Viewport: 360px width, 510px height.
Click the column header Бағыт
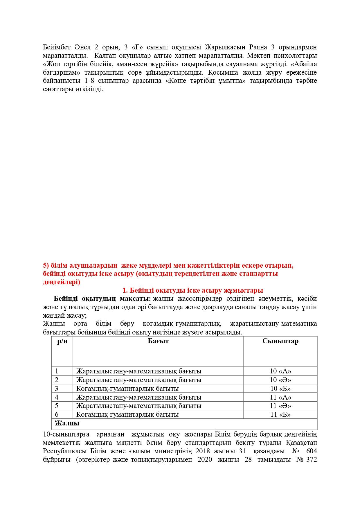[x=158, y=341]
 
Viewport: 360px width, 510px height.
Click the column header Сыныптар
[x=280, y=341]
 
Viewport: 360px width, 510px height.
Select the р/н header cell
[x=62, y=341]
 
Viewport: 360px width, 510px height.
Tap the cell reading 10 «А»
[x=280, y=371]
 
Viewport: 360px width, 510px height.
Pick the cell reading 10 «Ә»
[x=280, y=380]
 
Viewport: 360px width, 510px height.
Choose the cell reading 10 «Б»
[x=280, y=389]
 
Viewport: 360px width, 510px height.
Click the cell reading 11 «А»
[x=280, y=397]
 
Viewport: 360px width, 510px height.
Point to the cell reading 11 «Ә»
[x=280, y=406]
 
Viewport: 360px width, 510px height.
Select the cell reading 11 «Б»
[x=280, y=414]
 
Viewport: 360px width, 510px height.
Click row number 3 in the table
[x=57, y=389]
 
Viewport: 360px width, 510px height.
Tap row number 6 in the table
[x=57, y=414]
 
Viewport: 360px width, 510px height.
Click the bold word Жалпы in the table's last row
[x=67, y=423]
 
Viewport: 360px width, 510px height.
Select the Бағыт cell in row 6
[x=127, y=414]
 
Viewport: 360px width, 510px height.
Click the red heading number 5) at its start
[x=46, y=265]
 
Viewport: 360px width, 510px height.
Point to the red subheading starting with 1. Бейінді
[x=193, y=290]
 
